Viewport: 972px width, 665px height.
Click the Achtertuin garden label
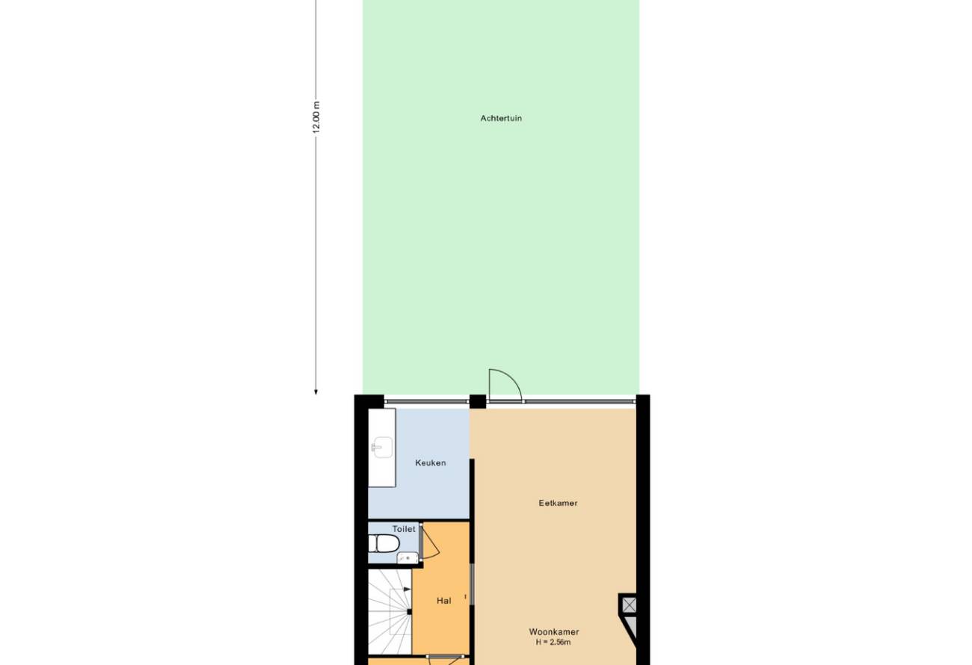tap(501, 118)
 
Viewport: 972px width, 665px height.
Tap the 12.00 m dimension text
tap(316, 117)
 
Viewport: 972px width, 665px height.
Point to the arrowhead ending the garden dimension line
tap(316, 392)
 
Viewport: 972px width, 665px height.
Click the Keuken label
tap(431, 463)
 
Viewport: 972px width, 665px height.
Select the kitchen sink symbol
tap(382, 448)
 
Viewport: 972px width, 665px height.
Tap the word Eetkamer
tap(558, 504)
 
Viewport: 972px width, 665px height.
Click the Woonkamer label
tap(554, 632)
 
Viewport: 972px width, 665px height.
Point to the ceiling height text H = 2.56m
tap(553, 643)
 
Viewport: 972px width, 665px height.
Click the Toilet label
tap(404, 529)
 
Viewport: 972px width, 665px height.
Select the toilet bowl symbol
tap(384, 543)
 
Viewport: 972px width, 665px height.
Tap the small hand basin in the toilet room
tap(407, 558)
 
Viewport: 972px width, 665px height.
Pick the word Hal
tap(444, 601)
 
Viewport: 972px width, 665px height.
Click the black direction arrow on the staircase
tap(407, 589)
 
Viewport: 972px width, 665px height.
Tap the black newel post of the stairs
tap(409, 612)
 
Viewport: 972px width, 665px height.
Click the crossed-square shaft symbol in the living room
tap(630, 604)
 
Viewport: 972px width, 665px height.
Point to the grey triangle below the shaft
tap(631, 626)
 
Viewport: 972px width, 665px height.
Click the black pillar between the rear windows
tap(478, 401)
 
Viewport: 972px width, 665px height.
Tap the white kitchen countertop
tap(382, 448)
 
